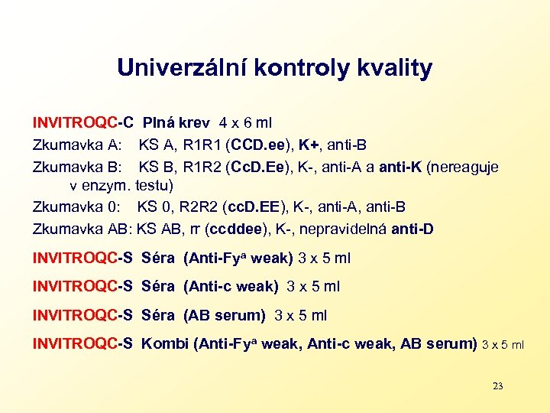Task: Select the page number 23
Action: click(x=497, y=386)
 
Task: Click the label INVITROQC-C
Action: click(x=83, y=122)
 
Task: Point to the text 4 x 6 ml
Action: click(x=245, y=122)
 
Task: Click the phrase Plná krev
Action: click(x=177, y=122)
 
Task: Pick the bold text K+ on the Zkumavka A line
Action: click(x=309, y=145)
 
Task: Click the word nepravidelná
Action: click(x=345, y=228)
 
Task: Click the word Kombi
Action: click(x=165, y=343)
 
